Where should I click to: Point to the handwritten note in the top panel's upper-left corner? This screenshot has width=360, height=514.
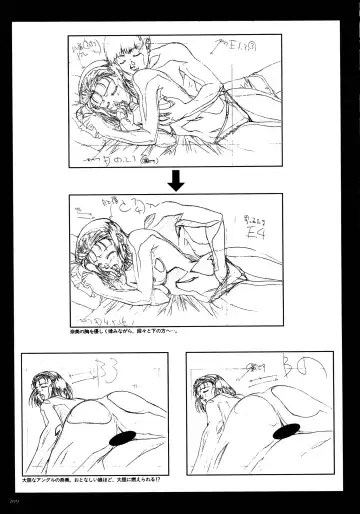coord(86,49)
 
